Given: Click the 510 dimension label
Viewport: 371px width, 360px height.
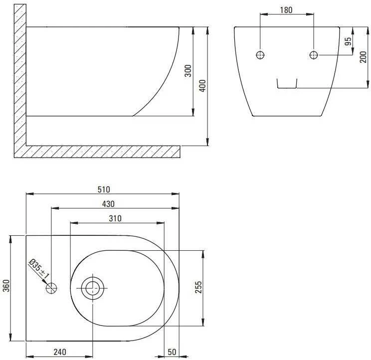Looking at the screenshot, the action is coord(104,189).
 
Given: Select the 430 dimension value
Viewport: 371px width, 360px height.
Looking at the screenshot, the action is coord(108,204).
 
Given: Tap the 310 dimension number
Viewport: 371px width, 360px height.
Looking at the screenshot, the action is coord(115,218).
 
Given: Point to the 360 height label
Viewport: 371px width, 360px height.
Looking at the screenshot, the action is coord(6,286).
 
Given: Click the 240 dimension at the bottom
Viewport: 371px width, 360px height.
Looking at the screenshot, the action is coord(60,352).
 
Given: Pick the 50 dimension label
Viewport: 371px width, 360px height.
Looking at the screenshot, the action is coord(172,352).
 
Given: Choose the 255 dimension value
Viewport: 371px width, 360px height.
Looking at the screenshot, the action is coord(198,287).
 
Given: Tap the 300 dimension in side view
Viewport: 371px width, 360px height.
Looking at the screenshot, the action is coord(188,71).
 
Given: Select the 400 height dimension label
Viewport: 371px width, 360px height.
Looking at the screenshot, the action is coord(202,86).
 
